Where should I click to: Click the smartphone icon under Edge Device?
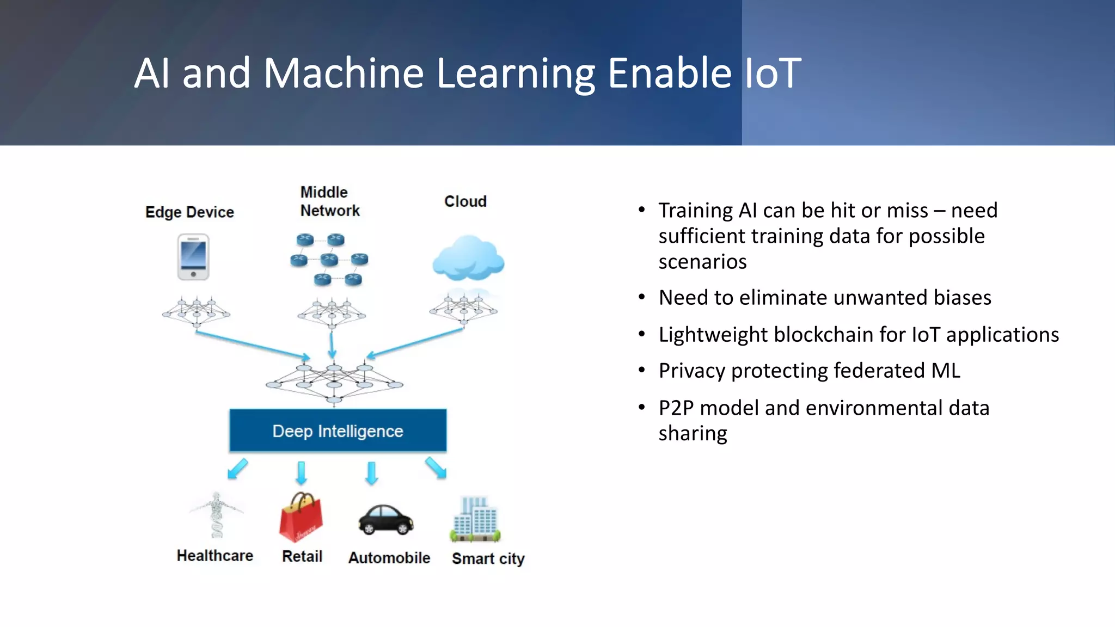click(x=193, y=257)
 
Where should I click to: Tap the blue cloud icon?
click(x=468, y=259)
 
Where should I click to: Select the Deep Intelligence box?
click(x=338, y=431)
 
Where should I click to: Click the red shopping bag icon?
click(x=301, y=518)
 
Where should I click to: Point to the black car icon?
click(x=386, y=520)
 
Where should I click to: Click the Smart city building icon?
click(x=475, y=519)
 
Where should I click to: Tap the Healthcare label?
click(x=215, y=556)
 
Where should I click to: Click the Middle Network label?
click(x=329, y=201)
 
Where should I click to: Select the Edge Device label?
click(x=189, y=212)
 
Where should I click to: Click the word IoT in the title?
click(x=772, y=73)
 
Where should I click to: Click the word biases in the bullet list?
click(x=962, y=298)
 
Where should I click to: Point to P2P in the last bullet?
click(x=676, y=408)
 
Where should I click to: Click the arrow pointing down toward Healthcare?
click(x=237, y=468)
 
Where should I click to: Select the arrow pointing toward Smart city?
click(x=436, y=468)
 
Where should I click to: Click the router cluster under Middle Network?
click(x=329, y=260)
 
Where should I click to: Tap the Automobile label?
click(x=389, y=558)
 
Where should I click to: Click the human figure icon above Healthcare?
click(x=217, y=514)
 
